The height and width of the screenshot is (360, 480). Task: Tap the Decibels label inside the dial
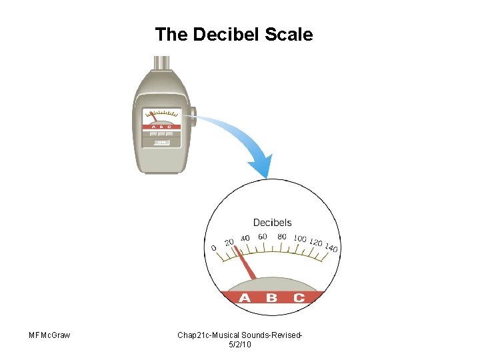pyautogui.click(x=272, y=223)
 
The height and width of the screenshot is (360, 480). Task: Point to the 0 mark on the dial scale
pyautogui.click(x=214, y=248)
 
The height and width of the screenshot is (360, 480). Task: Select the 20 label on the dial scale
pyautogui.click(x=229, y=242)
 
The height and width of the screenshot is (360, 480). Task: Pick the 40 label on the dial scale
pyautogui.click(x=245, y=239)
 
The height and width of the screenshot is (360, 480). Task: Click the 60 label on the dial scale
pyautogui.click(x=263, y=237)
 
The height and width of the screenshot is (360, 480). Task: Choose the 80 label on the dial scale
pyautogui.click(x=282, y=237)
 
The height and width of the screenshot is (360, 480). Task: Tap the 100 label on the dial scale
pyautogui.click(x=300, y=239)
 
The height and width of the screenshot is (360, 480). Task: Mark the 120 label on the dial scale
pyautogui.click(x=316, y=243)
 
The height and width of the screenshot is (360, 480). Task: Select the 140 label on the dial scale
pyautogui.click(x=331, y=249)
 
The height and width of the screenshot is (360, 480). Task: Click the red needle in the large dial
pyautogui.click(x=248, y=268)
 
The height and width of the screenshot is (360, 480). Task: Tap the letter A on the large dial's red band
pyautogui.click(x=245, y=297)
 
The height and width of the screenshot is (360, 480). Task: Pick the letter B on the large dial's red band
pyautogui.click(x=271, y=297)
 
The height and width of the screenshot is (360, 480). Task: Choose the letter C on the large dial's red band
pyautogui.click(x=299, y=297)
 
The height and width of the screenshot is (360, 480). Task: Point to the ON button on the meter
pyautogui.click(x=161, y=142)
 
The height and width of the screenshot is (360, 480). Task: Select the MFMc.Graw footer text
pyautogui.click(x=50, y=335)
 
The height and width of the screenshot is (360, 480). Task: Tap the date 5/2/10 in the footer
pyautogui.click(x=239, y=344)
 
